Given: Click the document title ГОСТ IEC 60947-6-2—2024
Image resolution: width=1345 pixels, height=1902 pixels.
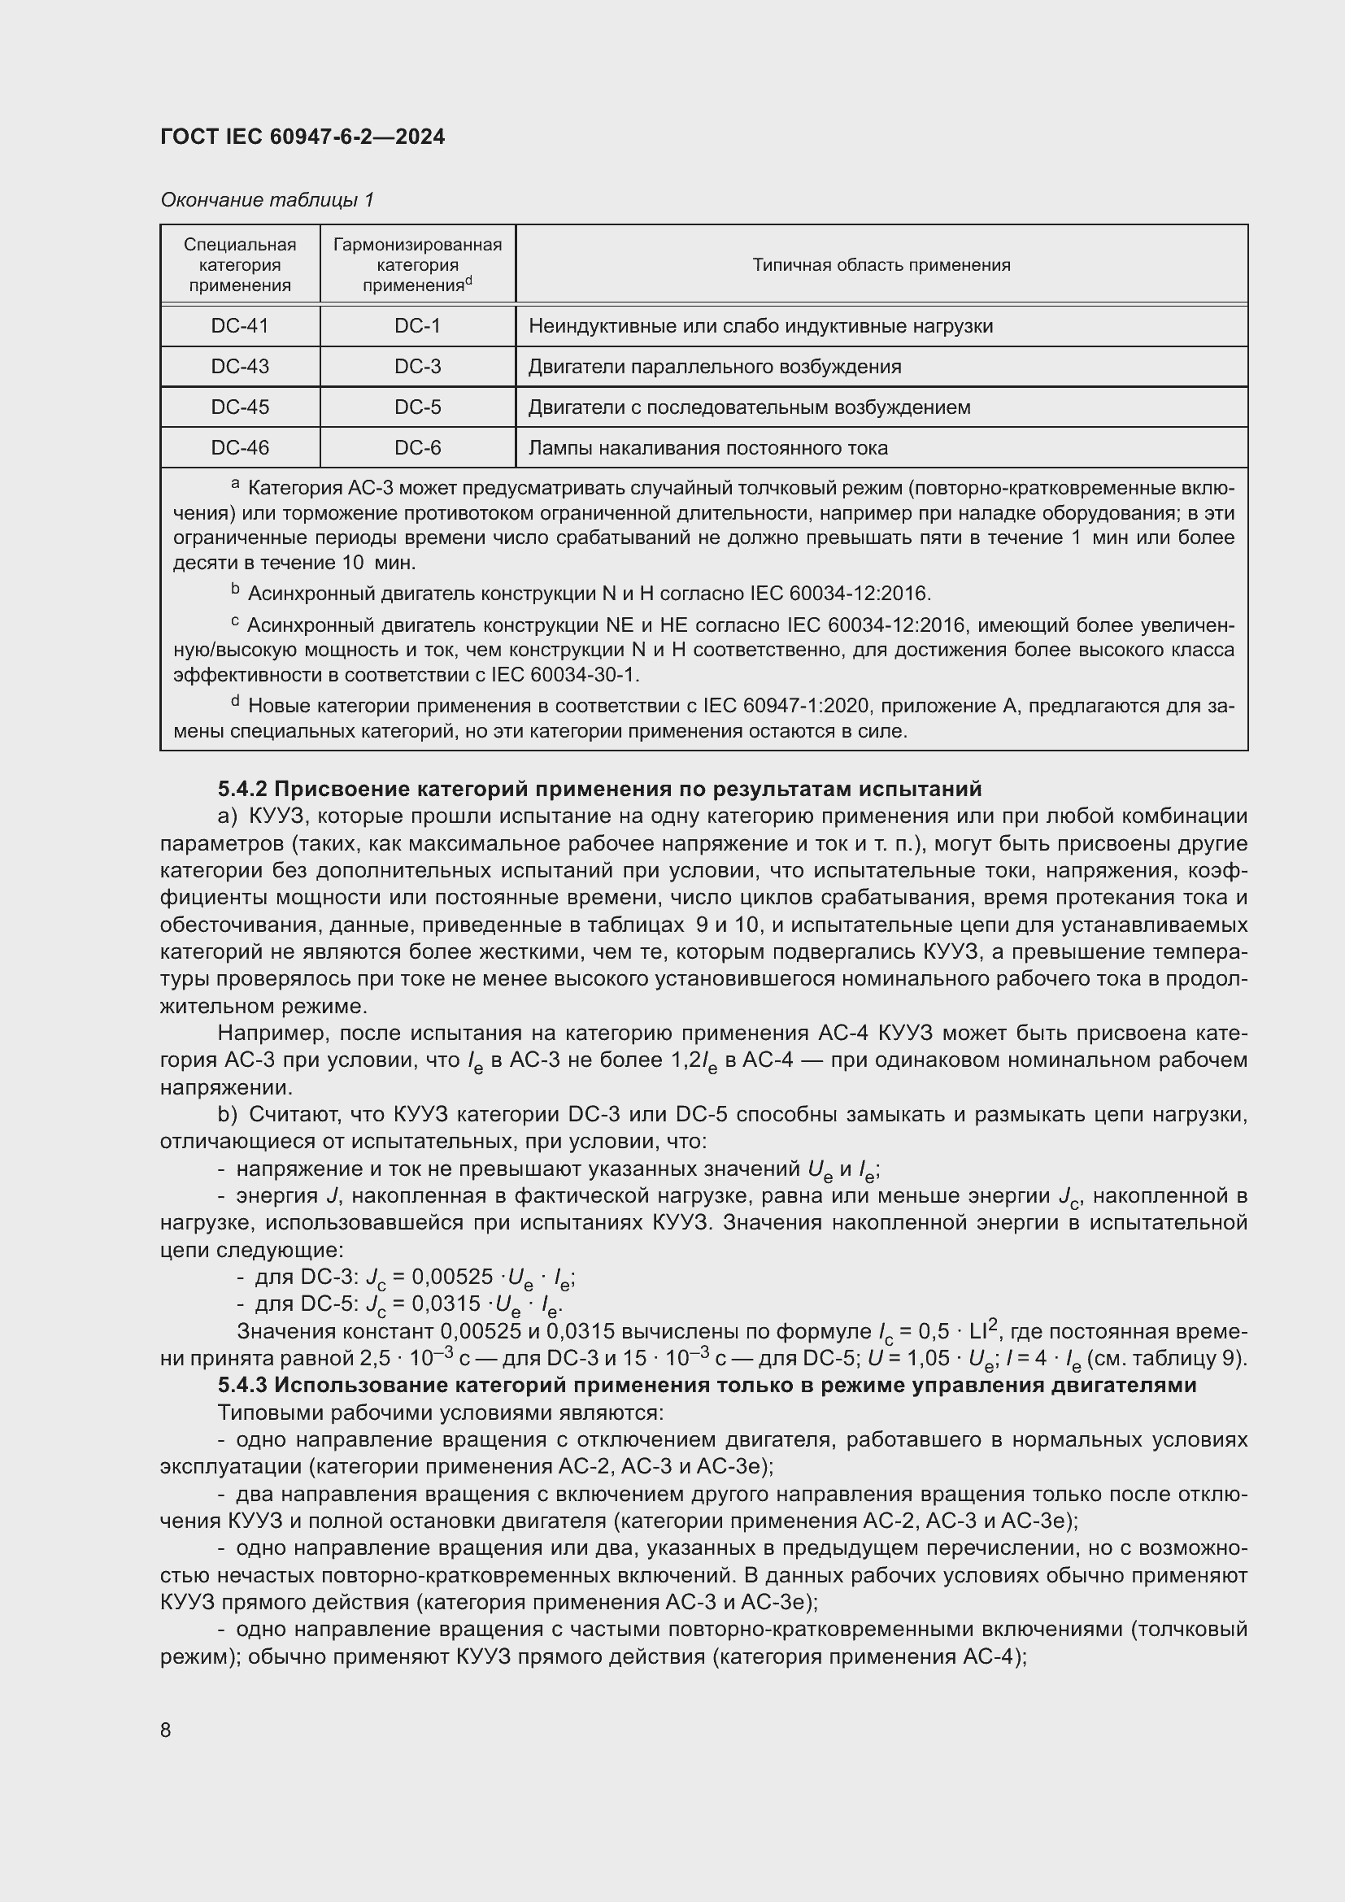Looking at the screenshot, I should coord(303,137).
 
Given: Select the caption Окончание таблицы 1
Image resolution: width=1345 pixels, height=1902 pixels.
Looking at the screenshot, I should coord(267,200).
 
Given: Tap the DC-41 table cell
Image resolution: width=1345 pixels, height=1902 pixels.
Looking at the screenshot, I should coord(240,326).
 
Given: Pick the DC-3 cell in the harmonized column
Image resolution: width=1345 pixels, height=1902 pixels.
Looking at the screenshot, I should coord(417,367).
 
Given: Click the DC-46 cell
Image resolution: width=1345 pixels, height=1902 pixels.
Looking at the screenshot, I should coord(240,448).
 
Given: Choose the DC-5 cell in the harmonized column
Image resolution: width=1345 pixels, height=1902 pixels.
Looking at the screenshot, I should coord(417,407).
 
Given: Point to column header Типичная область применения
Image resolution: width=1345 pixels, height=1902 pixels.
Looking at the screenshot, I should coord(881,265).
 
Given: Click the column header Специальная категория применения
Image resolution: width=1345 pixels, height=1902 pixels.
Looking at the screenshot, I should coord(240,265).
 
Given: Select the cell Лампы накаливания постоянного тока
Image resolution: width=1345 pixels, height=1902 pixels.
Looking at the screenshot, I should coord(708,448).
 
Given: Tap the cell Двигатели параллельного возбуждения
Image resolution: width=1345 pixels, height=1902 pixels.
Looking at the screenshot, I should coord(715,367).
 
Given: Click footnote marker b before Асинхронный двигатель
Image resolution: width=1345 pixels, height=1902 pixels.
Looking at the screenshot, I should coord(235,590).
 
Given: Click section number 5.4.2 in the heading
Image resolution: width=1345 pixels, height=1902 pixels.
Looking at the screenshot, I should coord(242,788).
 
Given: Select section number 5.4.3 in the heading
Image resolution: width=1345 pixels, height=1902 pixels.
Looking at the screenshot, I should coord(242,1385).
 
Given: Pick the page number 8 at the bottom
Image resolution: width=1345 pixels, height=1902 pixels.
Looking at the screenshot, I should coord(166,1730).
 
